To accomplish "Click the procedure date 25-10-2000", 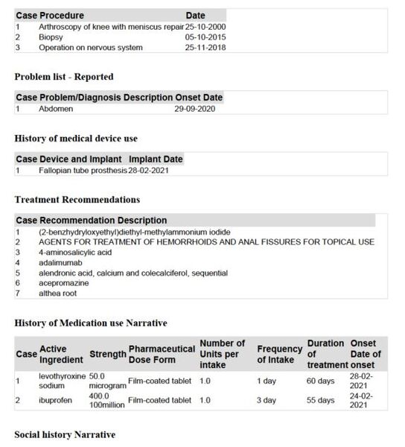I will tap(205, 26).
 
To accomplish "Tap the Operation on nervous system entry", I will tap(82, 47).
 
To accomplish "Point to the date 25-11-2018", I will tap(205, 47).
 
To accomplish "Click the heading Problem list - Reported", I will tap(63, 77).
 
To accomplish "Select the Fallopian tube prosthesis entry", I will tap(83, 171).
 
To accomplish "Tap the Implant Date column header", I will tap(156, 159).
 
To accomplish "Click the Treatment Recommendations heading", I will tap(77, 200).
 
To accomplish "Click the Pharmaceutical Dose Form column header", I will tap(162, 354).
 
